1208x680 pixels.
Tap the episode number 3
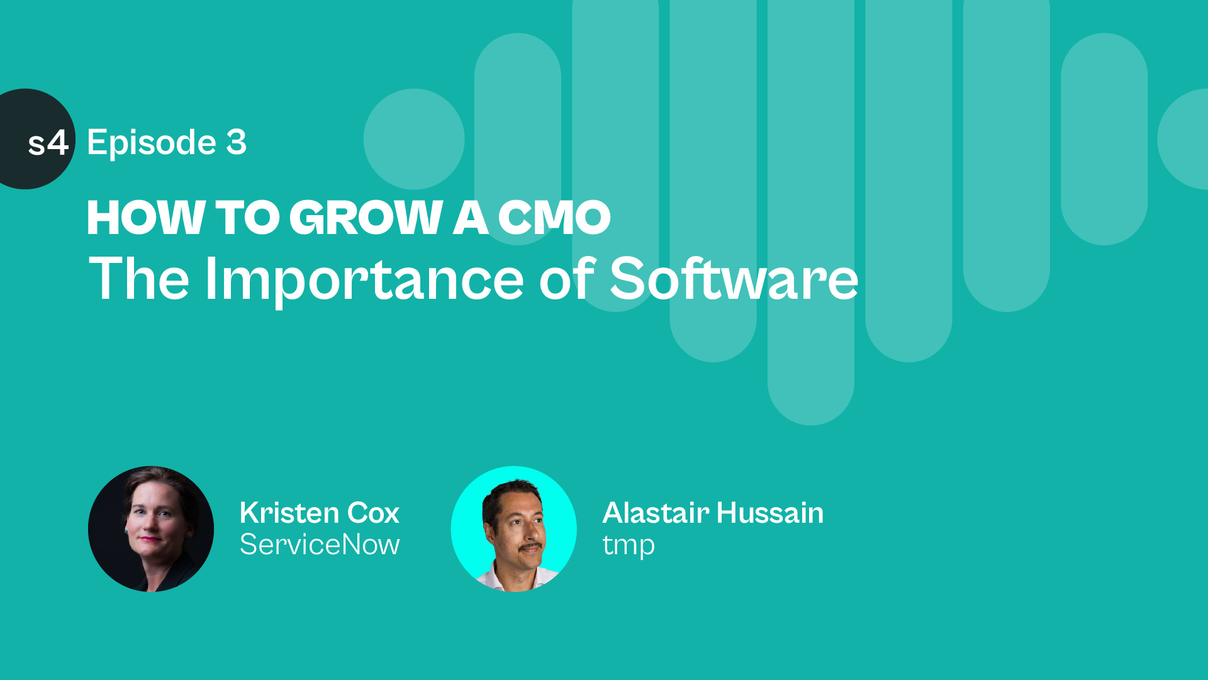pyautogui.click(x=237, y=142)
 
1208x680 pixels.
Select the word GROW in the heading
pyautogui.click(x=366, y=218)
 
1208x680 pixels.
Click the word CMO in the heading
pyautogui.click(x=554, y=218)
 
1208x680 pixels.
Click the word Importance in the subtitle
pyautogui.click(x=364, y=279)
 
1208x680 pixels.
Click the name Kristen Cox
pyautogui.click(x=320, y=513)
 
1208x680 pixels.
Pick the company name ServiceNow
pyautogui.click(x=320, y=544)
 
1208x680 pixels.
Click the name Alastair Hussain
pyautogui.click(x=713, y=513)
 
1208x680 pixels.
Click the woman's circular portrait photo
pyautogui.click(x=151, y=529)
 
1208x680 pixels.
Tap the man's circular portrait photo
pyautogui.click(x=514, y=529)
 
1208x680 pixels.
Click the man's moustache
pyautogui.click(x=530, y=547)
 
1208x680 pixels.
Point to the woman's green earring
pyautogui.click(x=126, y=532)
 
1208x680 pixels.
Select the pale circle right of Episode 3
pyautogui.click(x=414, y=139)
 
